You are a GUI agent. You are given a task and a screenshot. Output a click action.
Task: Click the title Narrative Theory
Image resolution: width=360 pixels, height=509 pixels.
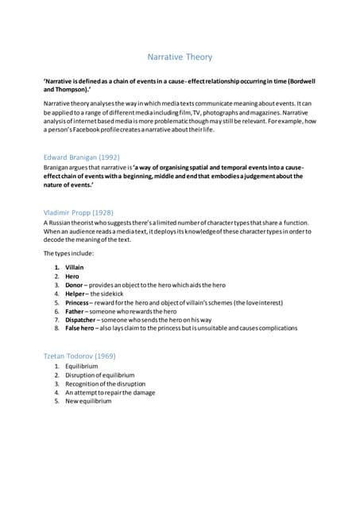180,57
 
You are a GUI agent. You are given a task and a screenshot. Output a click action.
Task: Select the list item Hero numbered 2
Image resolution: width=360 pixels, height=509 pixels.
72,276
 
